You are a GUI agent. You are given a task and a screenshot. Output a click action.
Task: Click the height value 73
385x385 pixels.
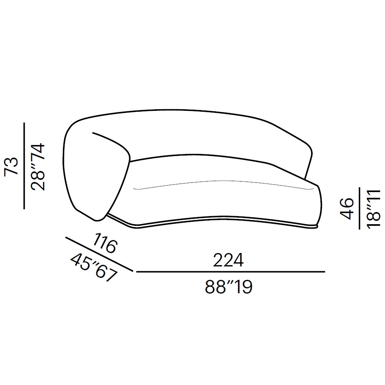tap(11, 166)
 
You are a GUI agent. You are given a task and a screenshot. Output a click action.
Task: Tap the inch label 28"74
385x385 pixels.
tap(38, 167)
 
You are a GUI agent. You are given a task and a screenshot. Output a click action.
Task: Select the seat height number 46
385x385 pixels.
tap(346, 208)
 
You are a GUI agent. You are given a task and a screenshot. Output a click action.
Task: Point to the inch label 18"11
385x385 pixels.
tap(374, 209)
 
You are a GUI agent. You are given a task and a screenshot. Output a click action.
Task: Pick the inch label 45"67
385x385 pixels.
tap(93, 268)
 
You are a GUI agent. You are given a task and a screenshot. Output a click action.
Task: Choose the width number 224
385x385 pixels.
tap(228, 260)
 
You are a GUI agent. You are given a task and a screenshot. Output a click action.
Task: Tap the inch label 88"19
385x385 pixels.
tap(228, 287)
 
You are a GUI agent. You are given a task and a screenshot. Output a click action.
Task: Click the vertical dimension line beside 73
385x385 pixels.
tap(24, 166)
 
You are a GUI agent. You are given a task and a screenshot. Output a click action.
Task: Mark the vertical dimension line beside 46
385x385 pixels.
tap(359, 208)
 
